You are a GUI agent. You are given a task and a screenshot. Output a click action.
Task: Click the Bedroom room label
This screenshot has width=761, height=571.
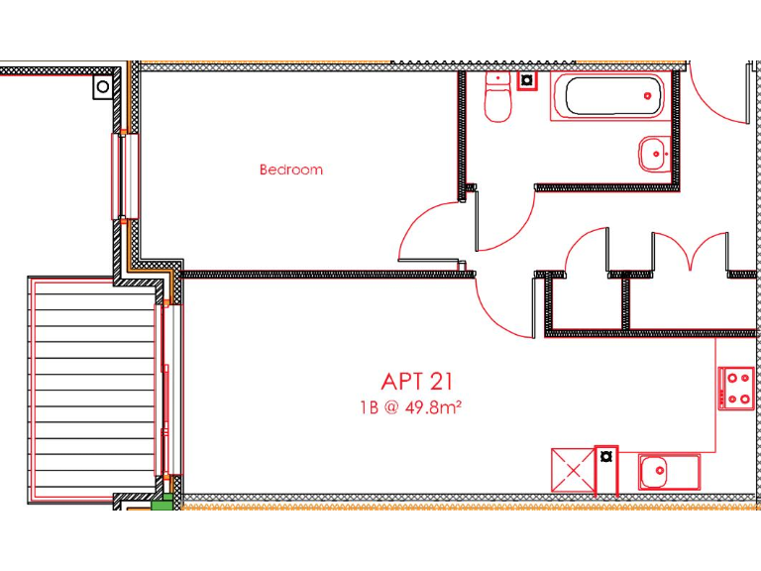pos(290,170)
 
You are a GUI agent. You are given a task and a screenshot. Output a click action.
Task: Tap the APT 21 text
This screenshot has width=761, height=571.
pos(418,381)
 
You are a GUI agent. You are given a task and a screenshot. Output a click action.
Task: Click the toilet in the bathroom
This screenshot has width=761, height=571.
pos(496,100)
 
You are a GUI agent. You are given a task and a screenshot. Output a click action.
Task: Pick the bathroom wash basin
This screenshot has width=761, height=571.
pos(653,154)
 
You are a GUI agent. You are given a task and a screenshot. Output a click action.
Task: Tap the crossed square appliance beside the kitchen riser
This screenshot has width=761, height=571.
pos(572,470)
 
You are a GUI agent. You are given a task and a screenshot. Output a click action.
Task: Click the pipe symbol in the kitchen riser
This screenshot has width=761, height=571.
pos(605,457)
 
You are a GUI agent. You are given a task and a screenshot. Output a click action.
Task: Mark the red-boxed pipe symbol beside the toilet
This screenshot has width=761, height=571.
pos(527,80)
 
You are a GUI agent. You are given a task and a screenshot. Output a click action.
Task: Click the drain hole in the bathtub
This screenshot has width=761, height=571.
pos(648,96)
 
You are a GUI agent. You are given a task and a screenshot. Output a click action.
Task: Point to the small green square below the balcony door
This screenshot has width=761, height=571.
pos(163,506)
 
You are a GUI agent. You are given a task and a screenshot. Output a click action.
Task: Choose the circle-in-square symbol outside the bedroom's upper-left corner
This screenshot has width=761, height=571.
pos(103,87)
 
